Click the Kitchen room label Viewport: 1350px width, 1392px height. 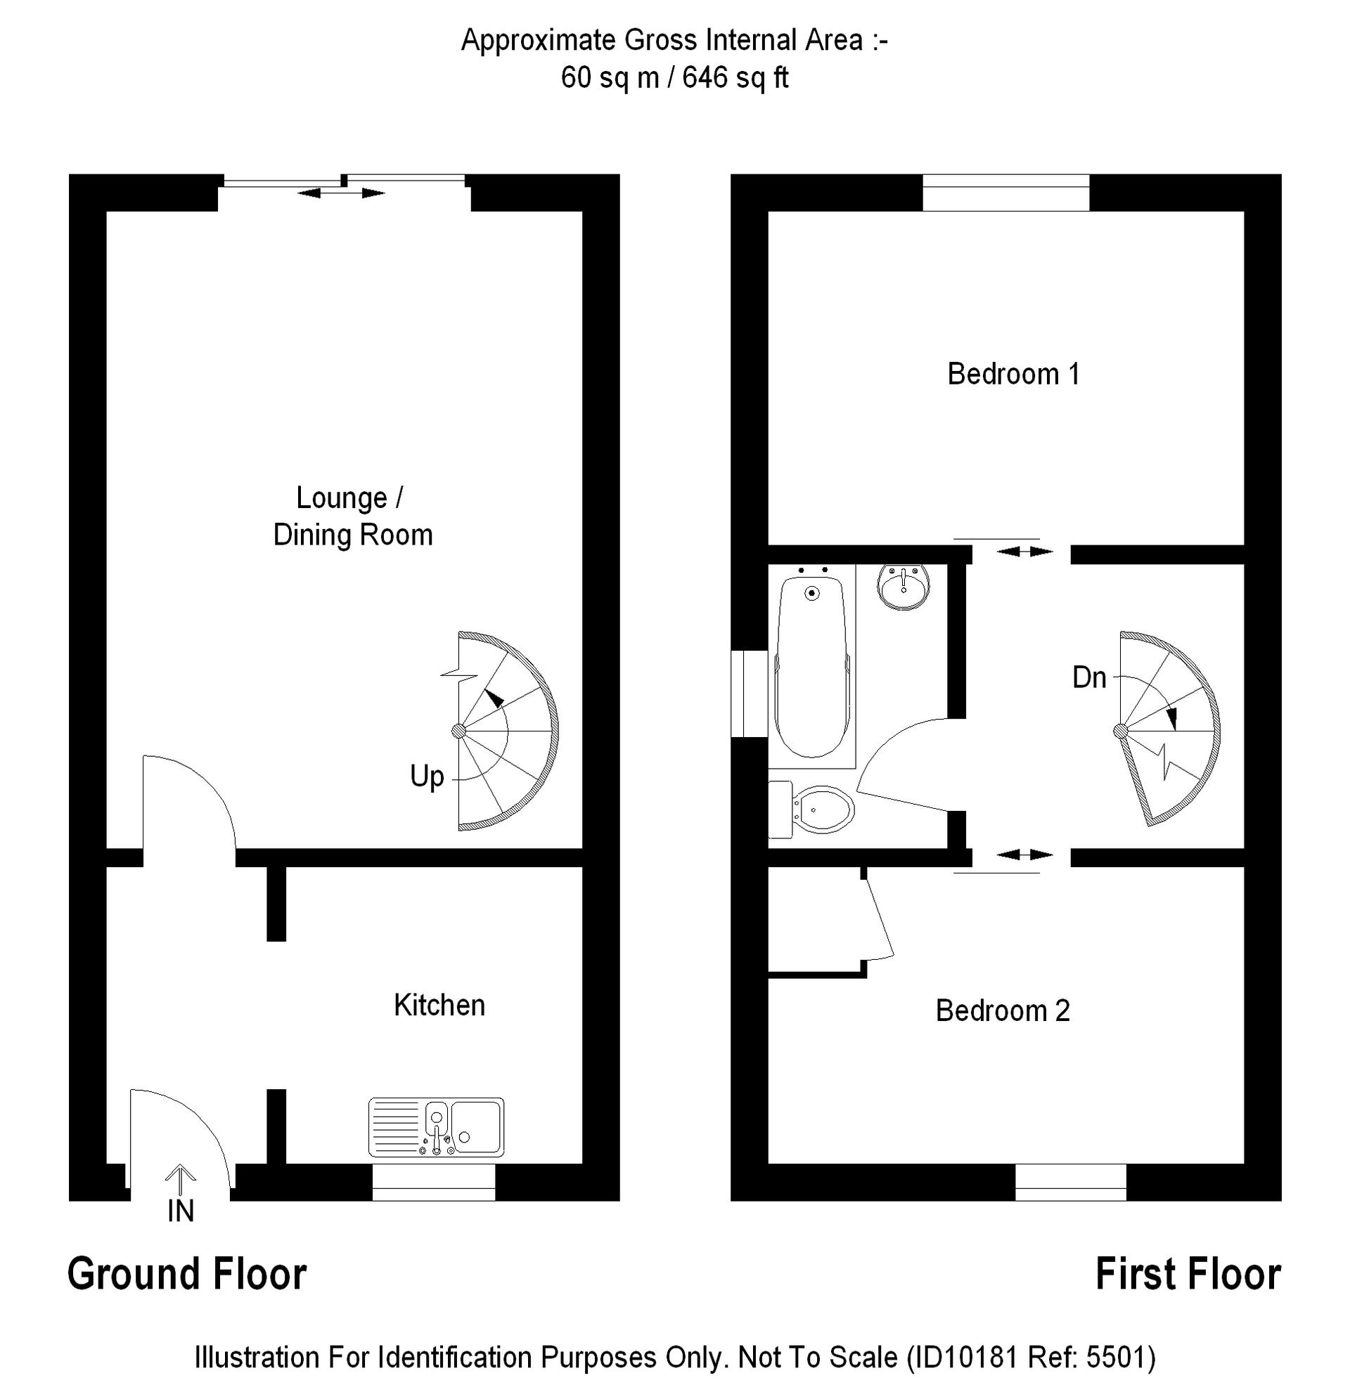pos(439,1006)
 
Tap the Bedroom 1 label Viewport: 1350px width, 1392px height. pos(1013,375)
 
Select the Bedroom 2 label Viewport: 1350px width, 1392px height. pos(1002,1010)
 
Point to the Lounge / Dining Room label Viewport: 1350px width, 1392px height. pos(352,516)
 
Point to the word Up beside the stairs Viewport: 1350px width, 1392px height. pos(426,776)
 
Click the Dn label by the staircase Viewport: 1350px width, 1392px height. pos(1088,677)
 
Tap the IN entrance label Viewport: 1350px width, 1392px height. pos(181,1211)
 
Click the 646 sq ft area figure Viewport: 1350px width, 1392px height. pos(735,77)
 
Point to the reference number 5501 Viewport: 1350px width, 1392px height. pos(1115,1357)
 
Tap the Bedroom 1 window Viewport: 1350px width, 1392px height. pos(1005,193)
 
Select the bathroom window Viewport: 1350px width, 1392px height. pos(749,693)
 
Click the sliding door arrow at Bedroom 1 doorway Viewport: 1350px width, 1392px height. pos(1024,552)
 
